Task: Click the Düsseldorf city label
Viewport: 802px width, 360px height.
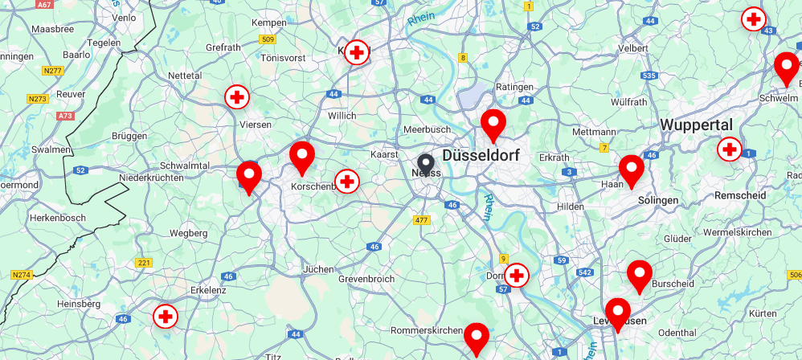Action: pyautogui.click(x=481, y=156)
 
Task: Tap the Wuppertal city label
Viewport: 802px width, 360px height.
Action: pyautogui.click(x=697, y=125)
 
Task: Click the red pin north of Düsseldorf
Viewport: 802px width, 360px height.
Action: pyautogui.click(x=493, y=125)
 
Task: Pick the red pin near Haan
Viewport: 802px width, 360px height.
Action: pyautogui.click(x=632, y=170)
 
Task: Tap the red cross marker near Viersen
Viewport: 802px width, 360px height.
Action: pyautogui.click(x=236, y=97)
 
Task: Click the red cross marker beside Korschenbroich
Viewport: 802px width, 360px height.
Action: pyautogui.click(x=346, y=182)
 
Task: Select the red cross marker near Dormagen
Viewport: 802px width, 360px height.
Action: pyautogui.click(x=517, y=276)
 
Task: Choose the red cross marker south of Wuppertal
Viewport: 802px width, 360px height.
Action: pyautogui.click(x=729, y=149)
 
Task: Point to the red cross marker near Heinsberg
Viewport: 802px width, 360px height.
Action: pyautogui.click(x=166, y=316)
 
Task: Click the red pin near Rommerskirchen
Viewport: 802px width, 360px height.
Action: pyautogui.click(x=477, y=337)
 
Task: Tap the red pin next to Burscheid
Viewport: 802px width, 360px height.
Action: pyautogui.click(x=640, y=275)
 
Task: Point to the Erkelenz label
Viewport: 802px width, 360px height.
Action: pyautogui.click(x=208, y=289)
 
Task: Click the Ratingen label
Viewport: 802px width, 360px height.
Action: pyautogui.click(x=515, y=87)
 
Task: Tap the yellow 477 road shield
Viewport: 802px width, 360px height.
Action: pyautogui.click(x=421, y=220)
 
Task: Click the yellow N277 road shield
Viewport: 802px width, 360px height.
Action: pyautogui.click(x=53, y=71)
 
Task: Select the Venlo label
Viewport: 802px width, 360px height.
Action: pyautogui.click(x=124, y=18)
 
